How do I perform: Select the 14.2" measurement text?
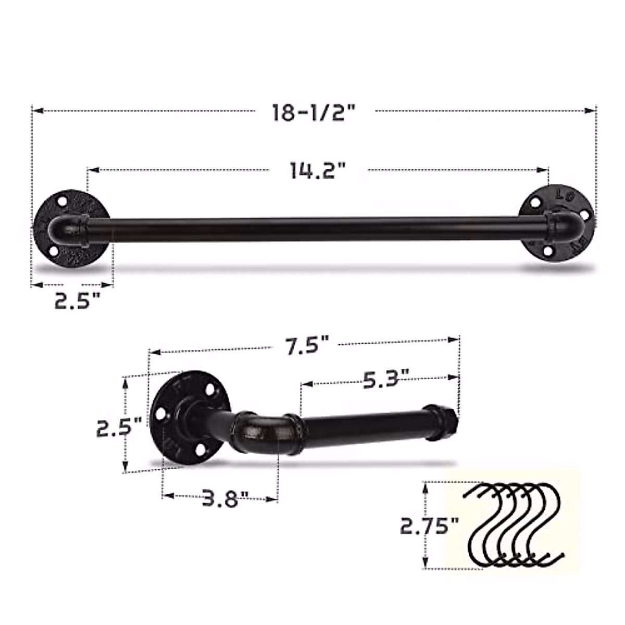click(318, 170)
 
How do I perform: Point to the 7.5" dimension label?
click(307, 345)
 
